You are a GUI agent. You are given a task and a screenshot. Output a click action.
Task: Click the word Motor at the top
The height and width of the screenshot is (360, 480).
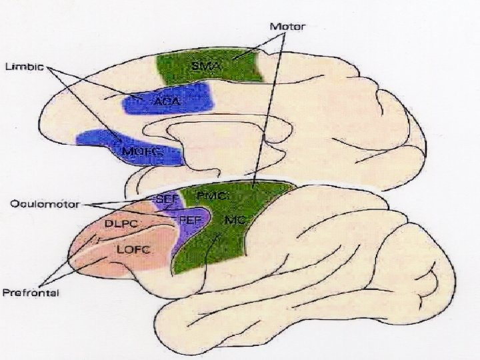pos(287,27)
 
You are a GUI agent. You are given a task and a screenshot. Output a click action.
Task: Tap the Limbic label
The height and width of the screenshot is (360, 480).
pos(25,67)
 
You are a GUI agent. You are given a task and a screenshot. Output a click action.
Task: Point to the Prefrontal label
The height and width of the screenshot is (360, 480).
pos(31,293)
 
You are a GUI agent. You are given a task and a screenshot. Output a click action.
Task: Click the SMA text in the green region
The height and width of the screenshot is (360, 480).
pos(203,67)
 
